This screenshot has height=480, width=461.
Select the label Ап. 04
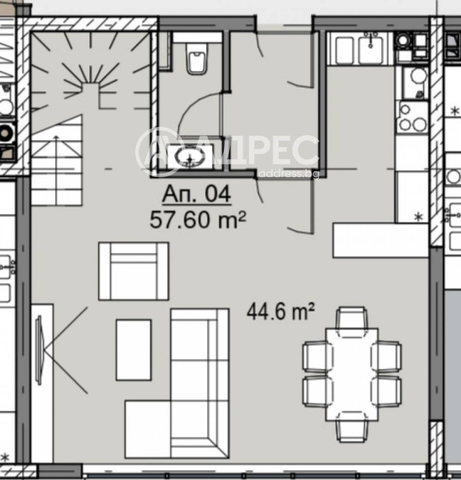196,194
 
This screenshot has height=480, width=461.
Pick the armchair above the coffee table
134,271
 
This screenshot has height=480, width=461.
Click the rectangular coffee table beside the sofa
133,350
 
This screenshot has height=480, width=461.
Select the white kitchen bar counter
380,241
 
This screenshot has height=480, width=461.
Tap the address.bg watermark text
288,174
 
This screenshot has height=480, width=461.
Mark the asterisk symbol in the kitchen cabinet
419,217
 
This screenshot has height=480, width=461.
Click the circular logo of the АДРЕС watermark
160,151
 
